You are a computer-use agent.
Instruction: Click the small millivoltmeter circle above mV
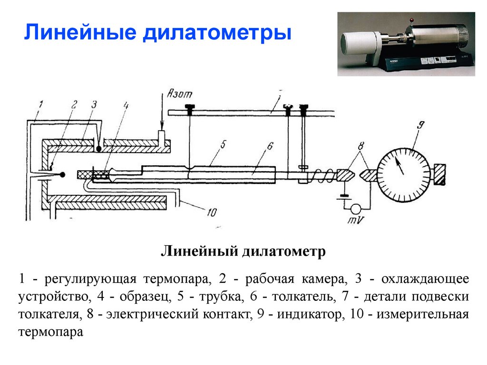coord(355,208)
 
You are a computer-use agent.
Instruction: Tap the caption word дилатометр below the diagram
coord(284,250)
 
